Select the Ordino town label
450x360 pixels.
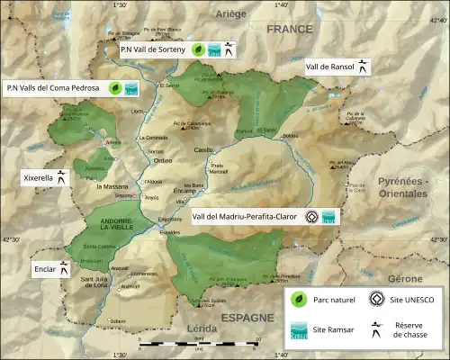[x=163, y=160]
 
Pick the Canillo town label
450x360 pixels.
[x=205, y=151]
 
